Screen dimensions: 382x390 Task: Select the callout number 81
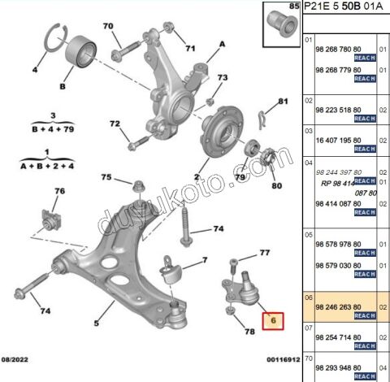point(284,102)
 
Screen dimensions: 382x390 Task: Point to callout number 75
point(106,178)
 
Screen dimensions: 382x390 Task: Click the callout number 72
point(115,124)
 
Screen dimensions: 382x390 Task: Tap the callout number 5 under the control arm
point(97,324)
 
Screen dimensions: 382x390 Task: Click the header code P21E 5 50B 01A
point(345,8)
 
